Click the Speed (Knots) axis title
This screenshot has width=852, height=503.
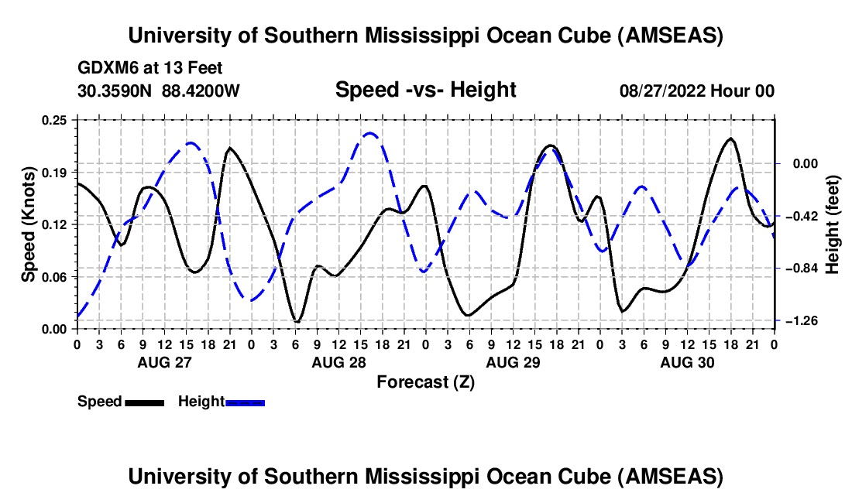29,224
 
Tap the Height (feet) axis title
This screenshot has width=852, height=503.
833,224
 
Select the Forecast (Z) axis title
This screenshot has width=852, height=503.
425,382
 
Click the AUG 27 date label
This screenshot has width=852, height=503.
164,362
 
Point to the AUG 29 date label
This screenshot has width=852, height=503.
512,362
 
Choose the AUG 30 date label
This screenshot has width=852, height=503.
686,362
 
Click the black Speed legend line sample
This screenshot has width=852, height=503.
144,402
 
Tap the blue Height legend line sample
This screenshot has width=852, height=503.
246,402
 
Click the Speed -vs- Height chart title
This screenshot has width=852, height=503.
425,90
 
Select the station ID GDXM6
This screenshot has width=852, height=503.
104,68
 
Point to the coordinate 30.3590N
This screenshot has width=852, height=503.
115,91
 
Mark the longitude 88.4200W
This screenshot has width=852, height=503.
201,91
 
